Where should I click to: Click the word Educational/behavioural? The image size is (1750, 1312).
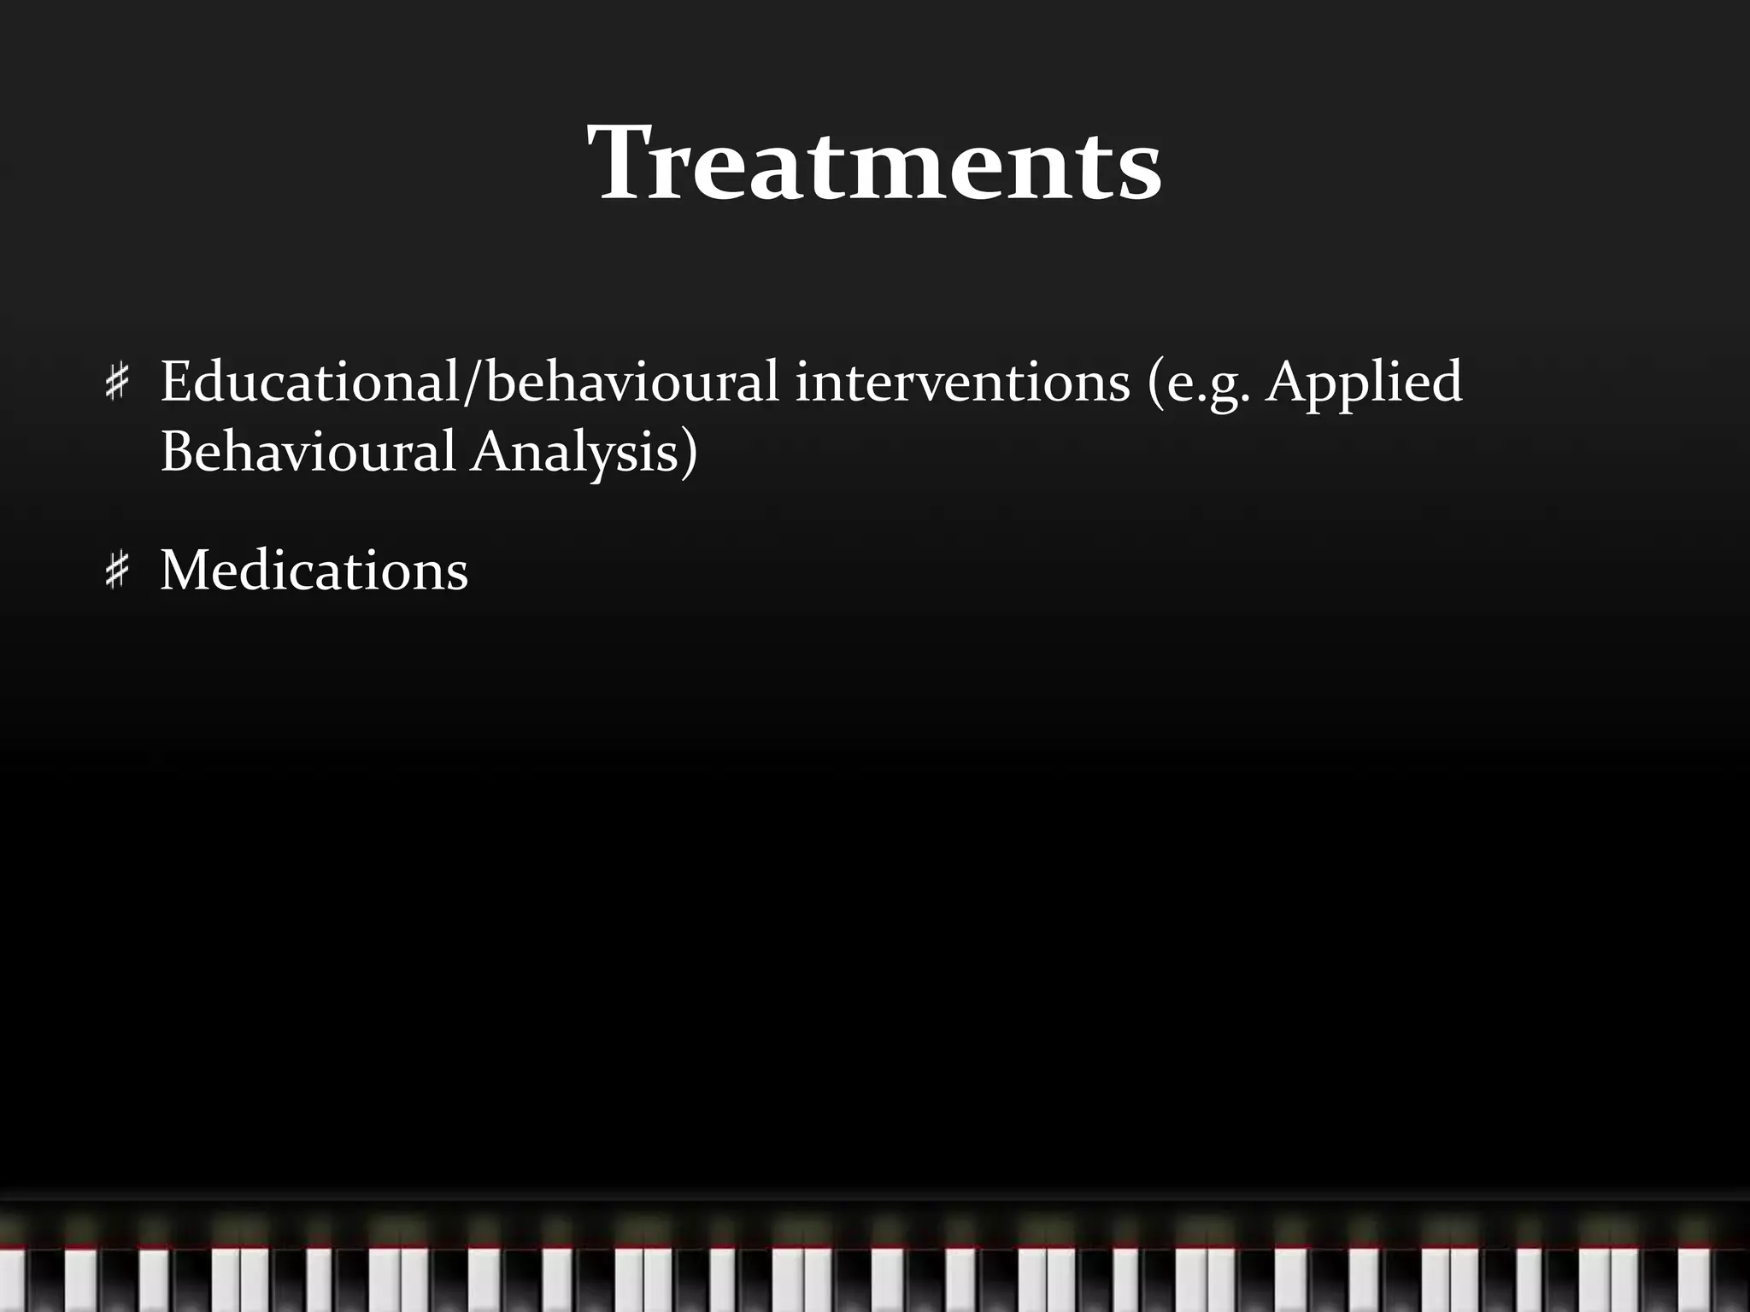(x=469, y=381)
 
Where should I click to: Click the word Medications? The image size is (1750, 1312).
(x=314, y=570)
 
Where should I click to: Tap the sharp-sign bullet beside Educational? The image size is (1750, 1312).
(x=117, y=382)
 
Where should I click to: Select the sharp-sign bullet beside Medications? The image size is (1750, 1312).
(x=117, y=571)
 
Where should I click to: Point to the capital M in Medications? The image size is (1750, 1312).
(x=188, y=570)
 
